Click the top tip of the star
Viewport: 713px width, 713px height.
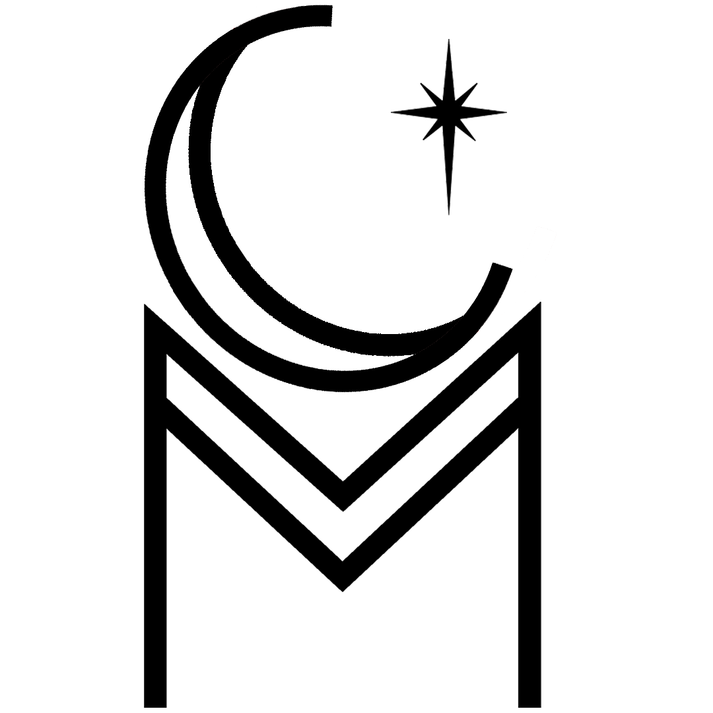(449, 40)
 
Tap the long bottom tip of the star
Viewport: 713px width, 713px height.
(450, 215)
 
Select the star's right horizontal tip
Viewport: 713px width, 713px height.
(507, 112)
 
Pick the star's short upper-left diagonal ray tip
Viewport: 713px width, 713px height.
(421, 84)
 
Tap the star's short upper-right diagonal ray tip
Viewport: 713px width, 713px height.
(477, 84)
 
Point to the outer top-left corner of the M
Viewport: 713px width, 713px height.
(145, 304)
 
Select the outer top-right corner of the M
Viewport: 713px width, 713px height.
(541, 303)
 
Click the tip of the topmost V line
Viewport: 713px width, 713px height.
(343, 481)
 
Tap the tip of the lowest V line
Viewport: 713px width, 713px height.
(343, 591)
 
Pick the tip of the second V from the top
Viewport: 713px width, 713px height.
(343, 511)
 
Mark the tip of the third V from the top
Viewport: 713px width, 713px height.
(343, 560)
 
